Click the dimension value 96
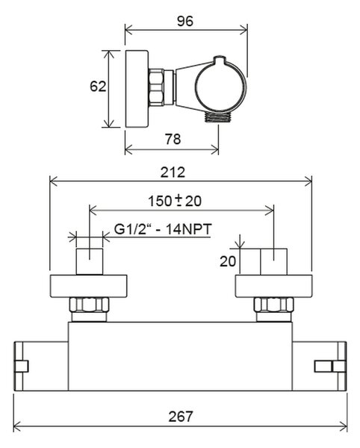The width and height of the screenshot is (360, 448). (x=185, y=21)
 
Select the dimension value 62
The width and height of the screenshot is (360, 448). (x=98, y=87)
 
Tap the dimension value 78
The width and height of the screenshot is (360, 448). (x=173, y=139)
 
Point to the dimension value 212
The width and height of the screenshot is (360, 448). (x=173, y=172)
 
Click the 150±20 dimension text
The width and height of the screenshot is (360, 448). (x=175, y=201)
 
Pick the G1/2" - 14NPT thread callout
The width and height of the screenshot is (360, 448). (x=163, y=229)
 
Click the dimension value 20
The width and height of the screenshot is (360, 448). (x=228, y=261)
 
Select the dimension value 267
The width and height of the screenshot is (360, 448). (x=181, y=417)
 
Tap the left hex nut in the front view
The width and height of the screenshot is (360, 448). (x=89, y=305)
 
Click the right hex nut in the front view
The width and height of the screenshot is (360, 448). (x=273, y=305)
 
